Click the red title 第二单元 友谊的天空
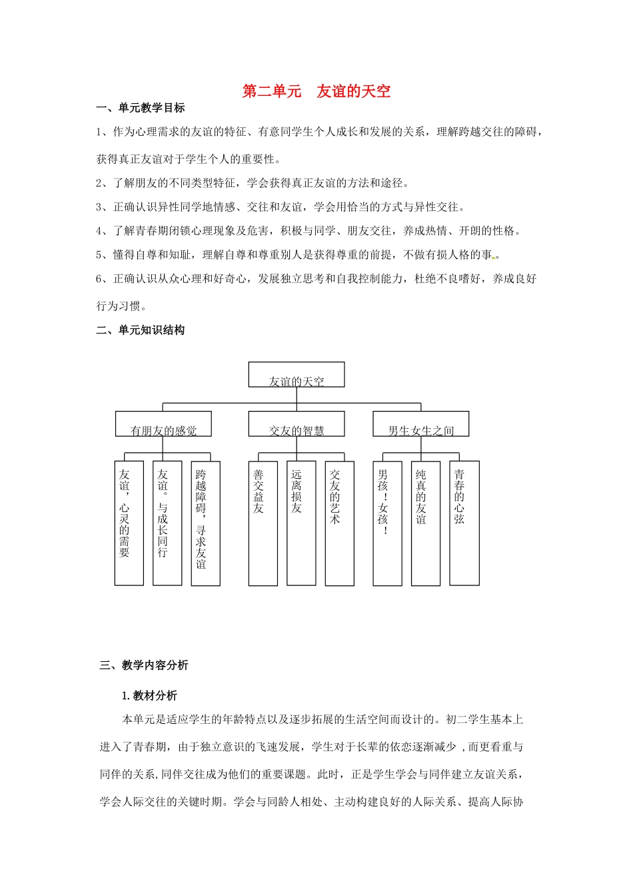click(x=316, y=91)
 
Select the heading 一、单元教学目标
click(x=141, y=108)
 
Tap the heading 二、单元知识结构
click(x=141, y=330)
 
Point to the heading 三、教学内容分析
click(x=144, y=665)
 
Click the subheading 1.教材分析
click(x=149, y=696)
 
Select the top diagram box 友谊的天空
click(x=297, y=375)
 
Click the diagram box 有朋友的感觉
click(x=163, y=424)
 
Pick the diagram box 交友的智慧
click(x=297, y=424)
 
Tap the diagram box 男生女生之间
click(x=420, y=424)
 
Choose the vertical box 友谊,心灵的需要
click(x=129, y=523)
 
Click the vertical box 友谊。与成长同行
click(x=167, y=523)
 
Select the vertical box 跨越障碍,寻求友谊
click(x=205, y=523)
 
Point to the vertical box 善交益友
click(x=263, y=523)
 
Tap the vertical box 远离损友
click(x=301, y=523)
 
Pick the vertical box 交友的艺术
click(x=339, y=523)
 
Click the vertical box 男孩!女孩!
click(x=387, y=523)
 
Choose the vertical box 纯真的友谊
click(x=425, y=523)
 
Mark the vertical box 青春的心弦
click(x=464, y=523)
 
